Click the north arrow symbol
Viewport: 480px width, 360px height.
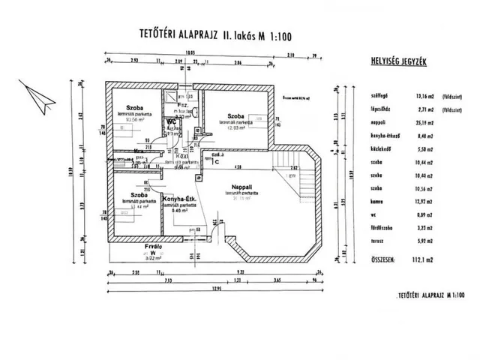tap(36, 94)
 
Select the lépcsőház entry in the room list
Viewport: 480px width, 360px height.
tap(372, 108)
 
